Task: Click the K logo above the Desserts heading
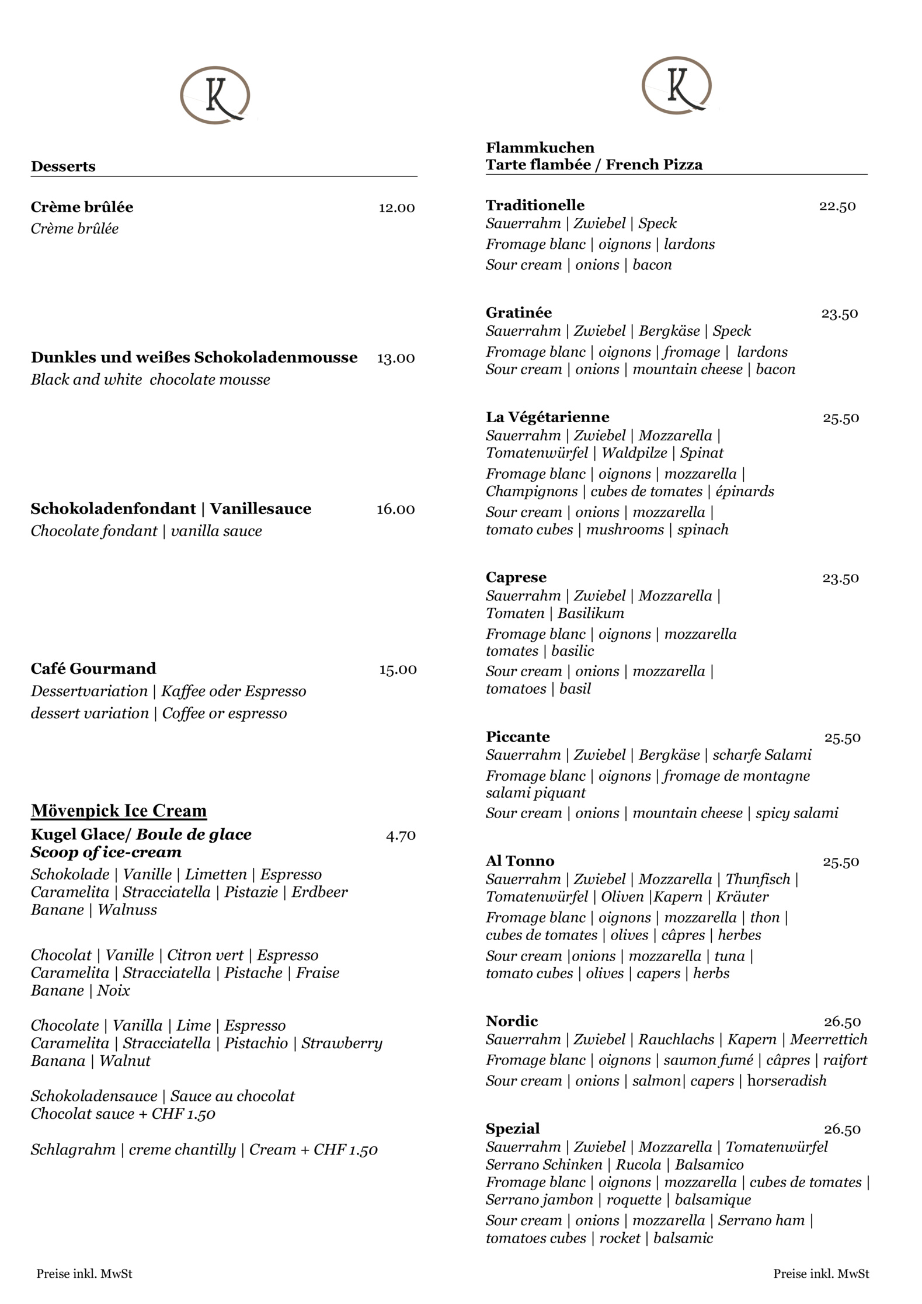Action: coord(215,95)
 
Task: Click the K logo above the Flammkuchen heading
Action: coord(677,85)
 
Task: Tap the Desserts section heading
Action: coord(63,166)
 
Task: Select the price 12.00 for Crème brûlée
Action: coord(396,208)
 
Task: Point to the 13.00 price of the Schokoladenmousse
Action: coord(395,358)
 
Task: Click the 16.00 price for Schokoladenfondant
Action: coord(395,509)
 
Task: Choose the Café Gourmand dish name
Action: coord(93,669)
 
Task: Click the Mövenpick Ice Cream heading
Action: coord(119,811)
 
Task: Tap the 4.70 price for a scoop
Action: coord(401,836)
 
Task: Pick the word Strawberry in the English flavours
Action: coord(342,1044)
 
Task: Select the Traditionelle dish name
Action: coord(535,206)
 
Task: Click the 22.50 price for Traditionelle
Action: coord(837,206)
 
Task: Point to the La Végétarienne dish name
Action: coord(547,417)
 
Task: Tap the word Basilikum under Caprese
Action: coord(590,613)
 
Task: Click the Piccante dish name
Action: coord(517,737)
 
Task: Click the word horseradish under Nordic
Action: coord(787,1081)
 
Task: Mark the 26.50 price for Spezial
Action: coord(842,1129)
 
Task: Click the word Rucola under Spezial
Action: coord(638,1164)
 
